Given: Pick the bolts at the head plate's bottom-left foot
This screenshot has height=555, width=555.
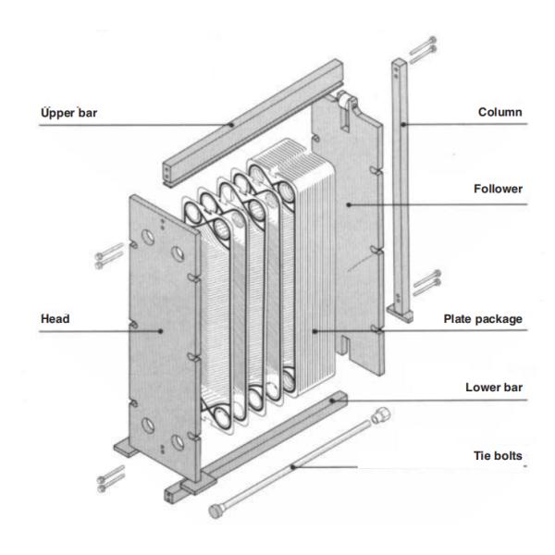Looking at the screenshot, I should [x=108, y=477].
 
